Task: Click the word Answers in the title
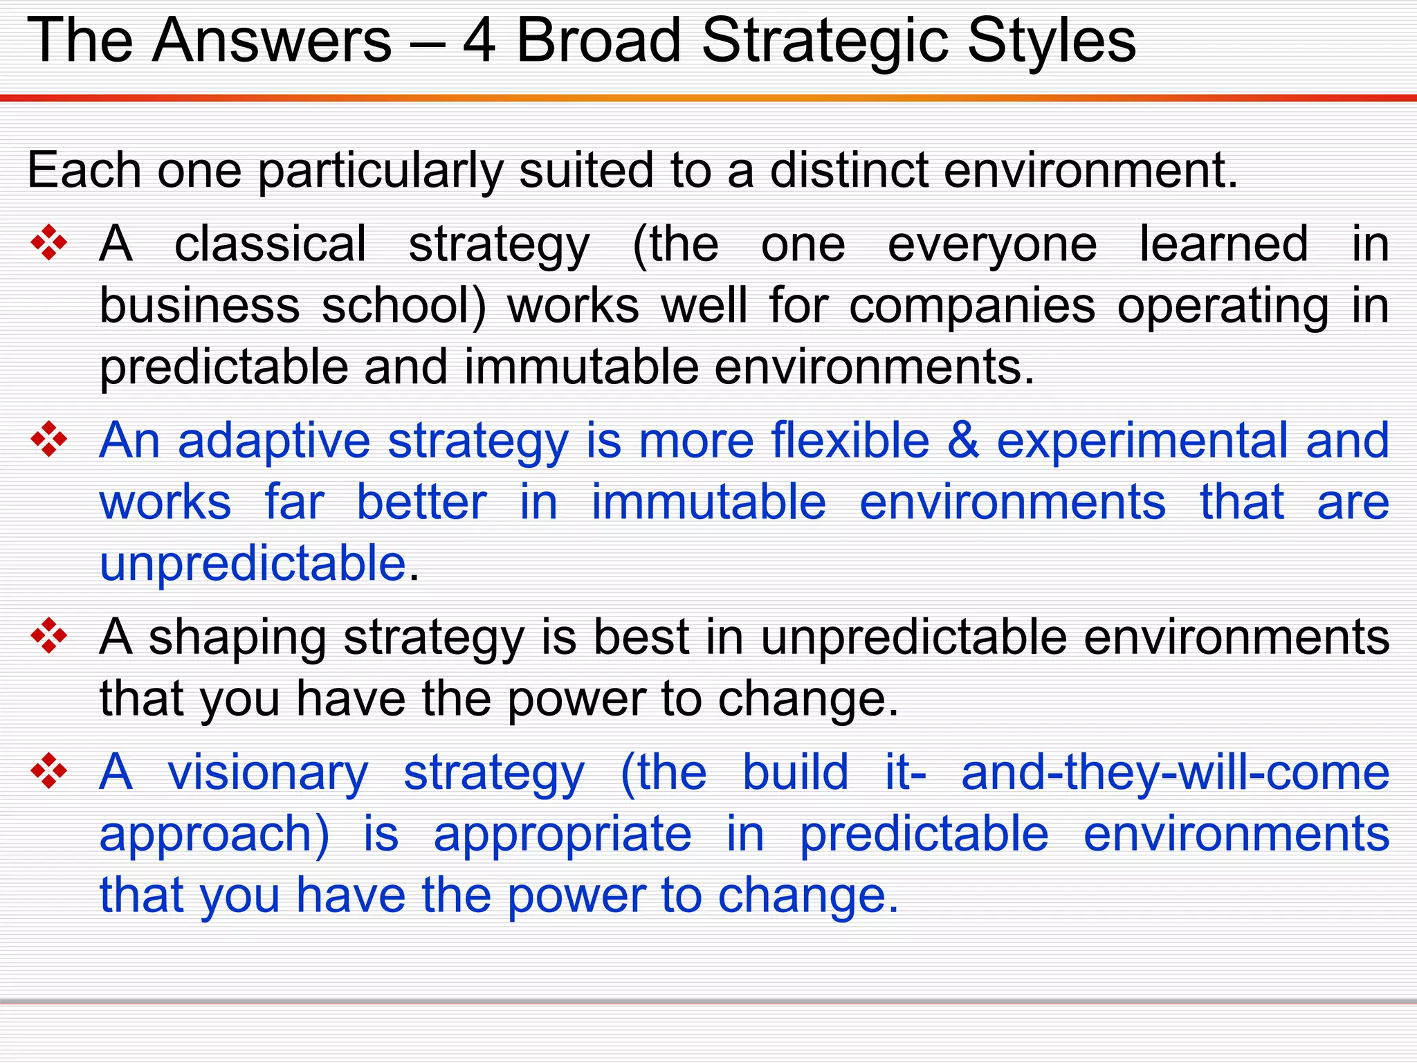(272, 42)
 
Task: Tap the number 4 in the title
(479, 42)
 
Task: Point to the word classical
(270, 244)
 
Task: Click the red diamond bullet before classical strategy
(49, 243)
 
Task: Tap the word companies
(972, 307)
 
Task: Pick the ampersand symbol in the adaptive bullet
(963, 441)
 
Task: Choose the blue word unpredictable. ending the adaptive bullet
(253, 563)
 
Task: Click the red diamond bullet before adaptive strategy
(49, 439)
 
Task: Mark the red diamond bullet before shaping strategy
(49, 635)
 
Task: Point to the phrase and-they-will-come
(1175, 772)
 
